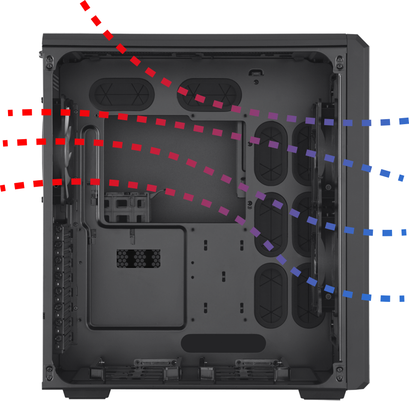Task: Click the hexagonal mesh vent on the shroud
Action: coord(138,258)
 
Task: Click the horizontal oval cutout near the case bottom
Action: coord(223,343)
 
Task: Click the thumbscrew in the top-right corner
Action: coord(339,62)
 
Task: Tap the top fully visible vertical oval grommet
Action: coord(271,153)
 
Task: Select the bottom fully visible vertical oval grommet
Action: coord(271,295)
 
